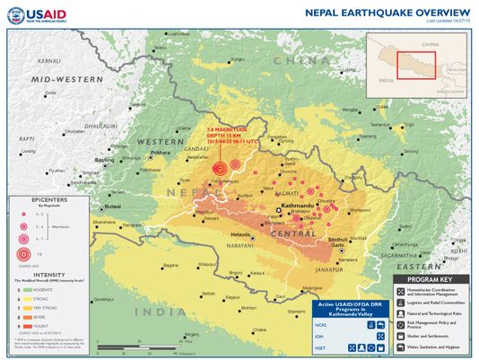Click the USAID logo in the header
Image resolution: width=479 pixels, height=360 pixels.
click(36, 14)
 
